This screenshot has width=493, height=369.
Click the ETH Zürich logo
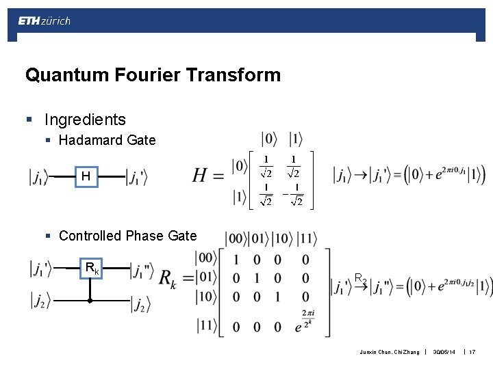44,21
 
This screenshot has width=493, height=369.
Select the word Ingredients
85,120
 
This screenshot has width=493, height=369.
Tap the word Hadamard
88,141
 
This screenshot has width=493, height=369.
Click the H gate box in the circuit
86,177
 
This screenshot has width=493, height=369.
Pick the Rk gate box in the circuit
90,269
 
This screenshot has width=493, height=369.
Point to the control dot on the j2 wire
90,299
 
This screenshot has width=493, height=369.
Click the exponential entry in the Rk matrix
306,322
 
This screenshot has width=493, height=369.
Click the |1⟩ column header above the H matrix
296,139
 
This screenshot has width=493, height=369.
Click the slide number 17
472,352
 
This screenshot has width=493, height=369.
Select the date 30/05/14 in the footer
445,352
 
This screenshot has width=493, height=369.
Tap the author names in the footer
389,352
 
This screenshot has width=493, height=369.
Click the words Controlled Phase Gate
127,236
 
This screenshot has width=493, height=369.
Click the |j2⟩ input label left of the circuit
40,299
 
